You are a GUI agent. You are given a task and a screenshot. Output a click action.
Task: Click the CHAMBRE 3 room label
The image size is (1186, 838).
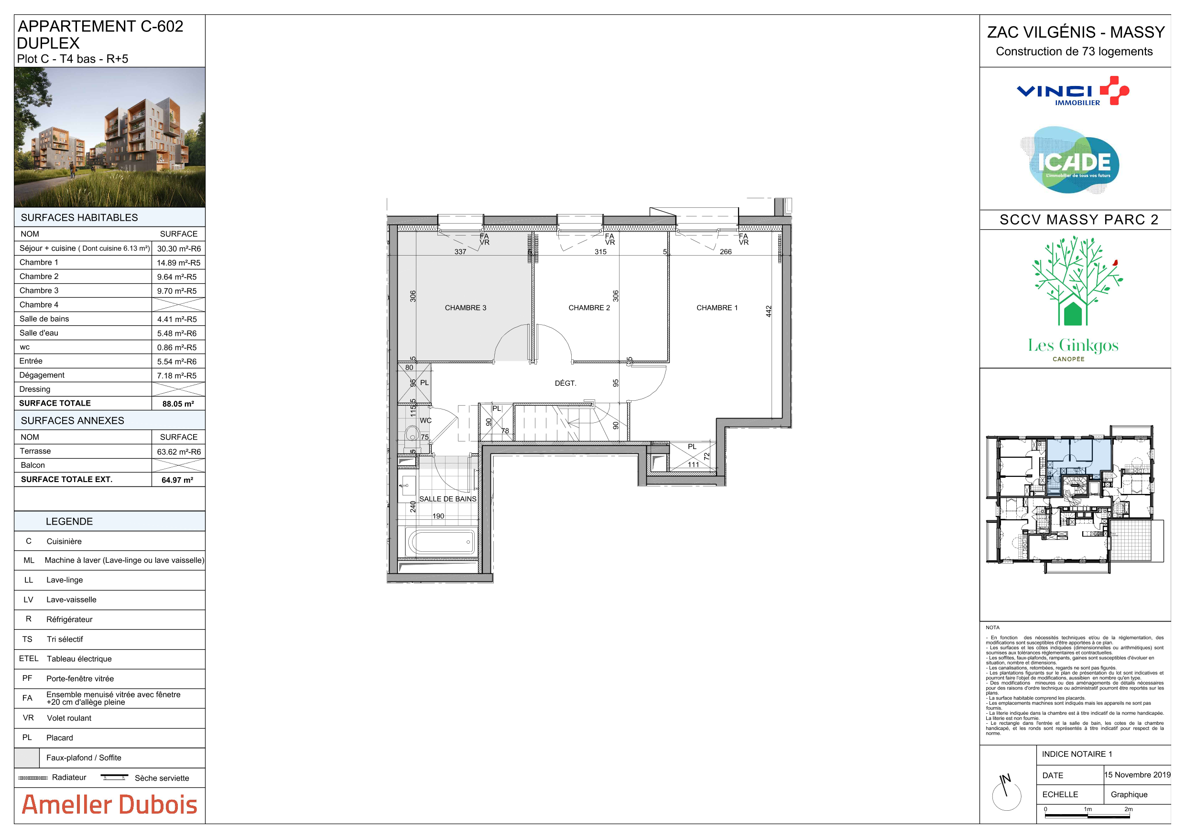coord(466,308)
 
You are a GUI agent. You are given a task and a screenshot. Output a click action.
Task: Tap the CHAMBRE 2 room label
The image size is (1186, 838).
coord(589,308)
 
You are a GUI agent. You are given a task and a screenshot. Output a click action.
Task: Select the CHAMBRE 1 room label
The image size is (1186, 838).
coord(717,308)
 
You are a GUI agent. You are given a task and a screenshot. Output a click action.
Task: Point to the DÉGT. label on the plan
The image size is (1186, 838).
coord(565,383)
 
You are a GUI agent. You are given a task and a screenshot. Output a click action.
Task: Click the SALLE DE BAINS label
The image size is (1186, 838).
coord(448,499)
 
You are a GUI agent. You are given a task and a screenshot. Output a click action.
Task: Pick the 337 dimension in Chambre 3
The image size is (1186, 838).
coord(460,252)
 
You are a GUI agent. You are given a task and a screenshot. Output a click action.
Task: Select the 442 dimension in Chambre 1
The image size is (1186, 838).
coord(769,312)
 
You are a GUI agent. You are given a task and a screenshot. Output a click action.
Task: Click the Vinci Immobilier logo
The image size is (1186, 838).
coord(1073,91)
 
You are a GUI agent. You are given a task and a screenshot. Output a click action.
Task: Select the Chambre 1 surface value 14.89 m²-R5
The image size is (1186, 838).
coord(179,263)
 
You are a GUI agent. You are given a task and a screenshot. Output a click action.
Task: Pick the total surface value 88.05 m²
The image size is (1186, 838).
coord(178,404)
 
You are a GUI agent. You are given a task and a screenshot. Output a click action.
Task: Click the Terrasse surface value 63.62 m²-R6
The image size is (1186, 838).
coord(179,452)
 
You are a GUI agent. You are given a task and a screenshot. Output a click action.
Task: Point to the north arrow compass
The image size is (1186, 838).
coord(1006,793)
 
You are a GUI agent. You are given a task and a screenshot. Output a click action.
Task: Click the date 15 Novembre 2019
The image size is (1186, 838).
coord(1137,774)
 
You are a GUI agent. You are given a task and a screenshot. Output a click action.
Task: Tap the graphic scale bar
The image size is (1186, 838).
coord(1088,815)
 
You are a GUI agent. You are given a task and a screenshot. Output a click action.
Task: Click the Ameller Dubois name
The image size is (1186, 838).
coord(109,805)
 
